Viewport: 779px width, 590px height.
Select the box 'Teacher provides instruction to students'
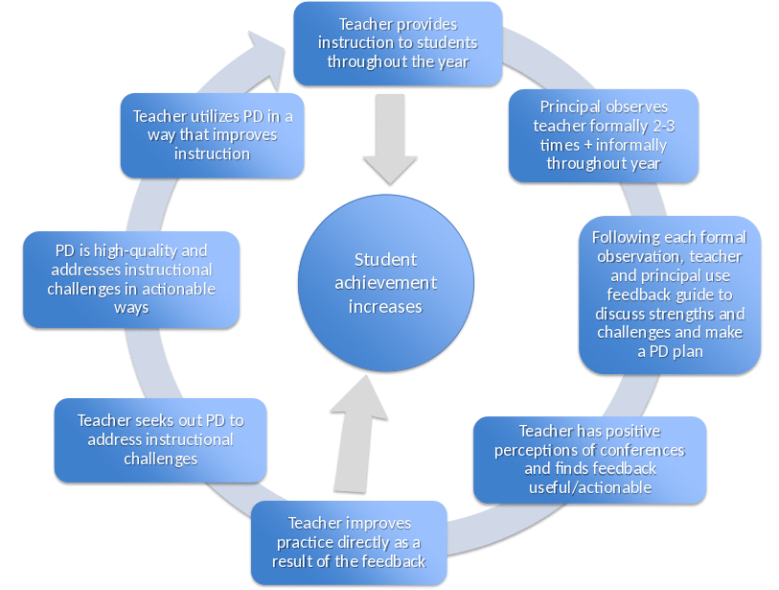pos(398,42)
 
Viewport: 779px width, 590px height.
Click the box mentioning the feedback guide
pos(669,294)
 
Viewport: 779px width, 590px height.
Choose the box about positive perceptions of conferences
pos(591,460)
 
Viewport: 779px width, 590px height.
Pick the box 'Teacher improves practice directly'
pos(349,542)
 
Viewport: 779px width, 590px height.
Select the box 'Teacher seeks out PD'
pos(160,439)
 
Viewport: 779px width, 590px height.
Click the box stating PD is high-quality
pos(131,279)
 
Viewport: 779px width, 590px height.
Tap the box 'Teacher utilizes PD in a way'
pos(213,134)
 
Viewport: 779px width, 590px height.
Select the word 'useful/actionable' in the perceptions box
pos(590,487)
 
